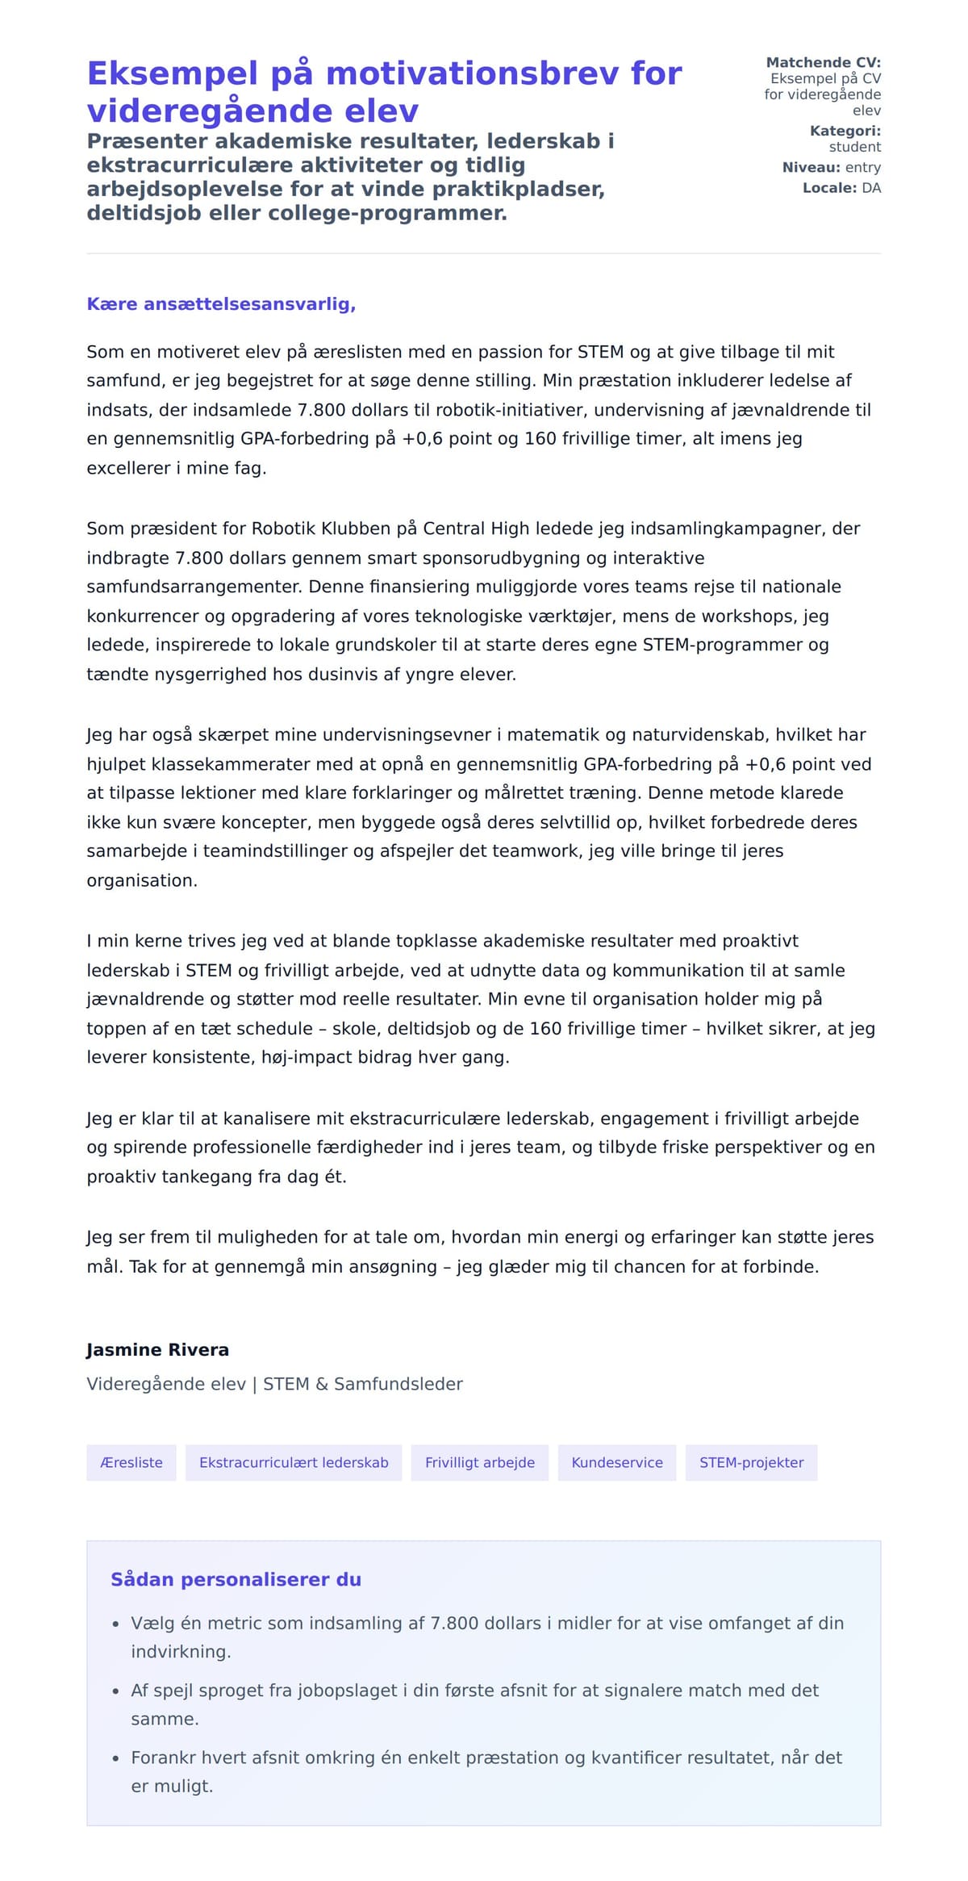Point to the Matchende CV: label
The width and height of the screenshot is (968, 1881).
point(823,62)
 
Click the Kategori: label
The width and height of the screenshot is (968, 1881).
point(845,131)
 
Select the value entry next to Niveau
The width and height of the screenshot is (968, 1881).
point(862,167)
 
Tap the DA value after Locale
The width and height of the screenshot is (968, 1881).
point(871,188)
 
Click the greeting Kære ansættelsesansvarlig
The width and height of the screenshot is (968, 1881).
point(221,304)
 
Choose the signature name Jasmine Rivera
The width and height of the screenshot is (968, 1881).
point(157,1349)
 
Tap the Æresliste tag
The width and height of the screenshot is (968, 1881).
point(131,1462)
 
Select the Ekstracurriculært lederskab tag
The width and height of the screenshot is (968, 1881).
point(294,1462)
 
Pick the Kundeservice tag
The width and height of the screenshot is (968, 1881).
point(617,1462)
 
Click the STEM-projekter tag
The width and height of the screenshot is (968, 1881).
point(751,1462)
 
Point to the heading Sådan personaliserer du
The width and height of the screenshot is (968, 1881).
point(236,1579)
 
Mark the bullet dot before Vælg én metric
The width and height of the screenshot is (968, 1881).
point(115,1624)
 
